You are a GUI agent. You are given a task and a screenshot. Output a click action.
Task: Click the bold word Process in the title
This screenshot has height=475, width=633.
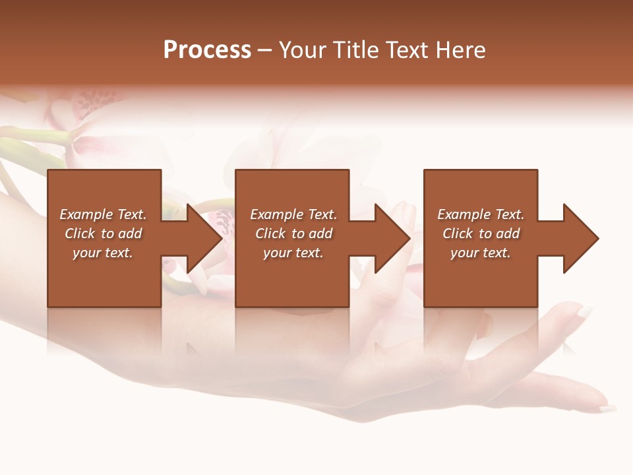[207, 50]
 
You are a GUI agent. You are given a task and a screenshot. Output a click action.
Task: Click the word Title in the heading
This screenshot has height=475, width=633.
[355, 50]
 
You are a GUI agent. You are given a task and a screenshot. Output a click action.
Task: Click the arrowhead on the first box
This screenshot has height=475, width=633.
[198, 238]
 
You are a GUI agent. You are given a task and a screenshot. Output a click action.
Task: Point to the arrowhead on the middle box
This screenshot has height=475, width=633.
[386, 238]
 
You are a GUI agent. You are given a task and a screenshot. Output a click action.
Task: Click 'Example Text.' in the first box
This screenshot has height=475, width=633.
[103, 214]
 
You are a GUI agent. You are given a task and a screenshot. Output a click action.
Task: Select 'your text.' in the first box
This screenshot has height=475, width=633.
[103, 253]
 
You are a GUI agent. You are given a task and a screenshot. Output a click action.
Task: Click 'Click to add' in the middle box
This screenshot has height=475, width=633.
[293, 234]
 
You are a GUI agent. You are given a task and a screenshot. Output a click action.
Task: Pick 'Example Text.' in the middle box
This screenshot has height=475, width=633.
[293, 214]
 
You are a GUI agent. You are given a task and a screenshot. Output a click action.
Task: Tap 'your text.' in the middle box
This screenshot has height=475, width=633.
[293, 253]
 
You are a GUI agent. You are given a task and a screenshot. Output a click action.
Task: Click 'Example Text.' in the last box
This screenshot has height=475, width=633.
[481, 214]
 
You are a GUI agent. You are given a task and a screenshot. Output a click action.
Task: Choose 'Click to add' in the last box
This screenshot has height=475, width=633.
[481, 234]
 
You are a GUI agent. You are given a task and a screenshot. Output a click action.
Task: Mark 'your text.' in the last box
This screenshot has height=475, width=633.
[481, 253]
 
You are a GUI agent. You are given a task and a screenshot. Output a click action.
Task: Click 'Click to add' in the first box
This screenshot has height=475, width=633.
[103, 234]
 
